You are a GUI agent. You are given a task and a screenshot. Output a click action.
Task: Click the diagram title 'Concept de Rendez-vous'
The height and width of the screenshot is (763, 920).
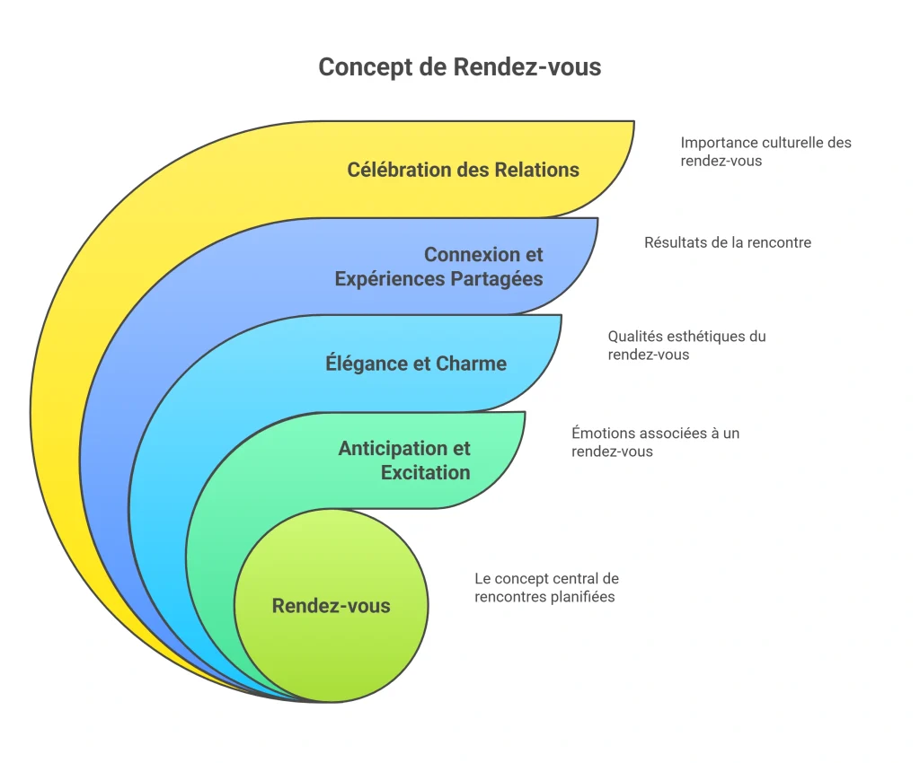point(459,66)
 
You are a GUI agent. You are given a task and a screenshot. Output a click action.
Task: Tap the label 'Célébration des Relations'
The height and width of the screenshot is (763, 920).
point(463,170)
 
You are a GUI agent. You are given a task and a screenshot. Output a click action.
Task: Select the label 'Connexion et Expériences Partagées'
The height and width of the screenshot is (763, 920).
point(438,267)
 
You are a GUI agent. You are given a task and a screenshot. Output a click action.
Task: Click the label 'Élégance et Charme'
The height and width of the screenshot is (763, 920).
point(416,364)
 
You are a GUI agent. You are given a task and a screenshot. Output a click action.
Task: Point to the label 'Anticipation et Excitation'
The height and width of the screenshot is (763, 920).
point(404,460)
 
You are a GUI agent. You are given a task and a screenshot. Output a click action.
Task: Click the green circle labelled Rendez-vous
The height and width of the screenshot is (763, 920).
point(331,605)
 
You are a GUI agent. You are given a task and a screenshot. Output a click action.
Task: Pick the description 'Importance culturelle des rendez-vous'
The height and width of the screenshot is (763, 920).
point(765,152)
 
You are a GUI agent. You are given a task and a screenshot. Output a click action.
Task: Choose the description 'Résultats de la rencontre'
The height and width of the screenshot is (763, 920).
point(728,242)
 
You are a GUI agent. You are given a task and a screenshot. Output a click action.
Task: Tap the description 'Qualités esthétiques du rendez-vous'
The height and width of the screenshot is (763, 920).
point(686,346)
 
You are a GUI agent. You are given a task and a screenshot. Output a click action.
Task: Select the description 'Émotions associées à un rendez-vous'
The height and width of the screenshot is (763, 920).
point(655,442)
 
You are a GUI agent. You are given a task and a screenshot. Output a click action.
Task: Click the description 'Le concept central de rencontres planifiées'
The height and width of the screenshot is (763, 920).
point(546,588)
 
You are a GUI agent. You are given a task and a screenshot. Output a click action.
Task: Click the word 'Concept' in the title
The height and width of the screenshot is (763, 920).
point(365,67)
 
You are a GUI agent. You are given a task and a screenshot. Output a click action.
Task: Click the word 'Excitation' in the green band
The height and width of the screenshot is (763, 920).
point(425,472)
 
